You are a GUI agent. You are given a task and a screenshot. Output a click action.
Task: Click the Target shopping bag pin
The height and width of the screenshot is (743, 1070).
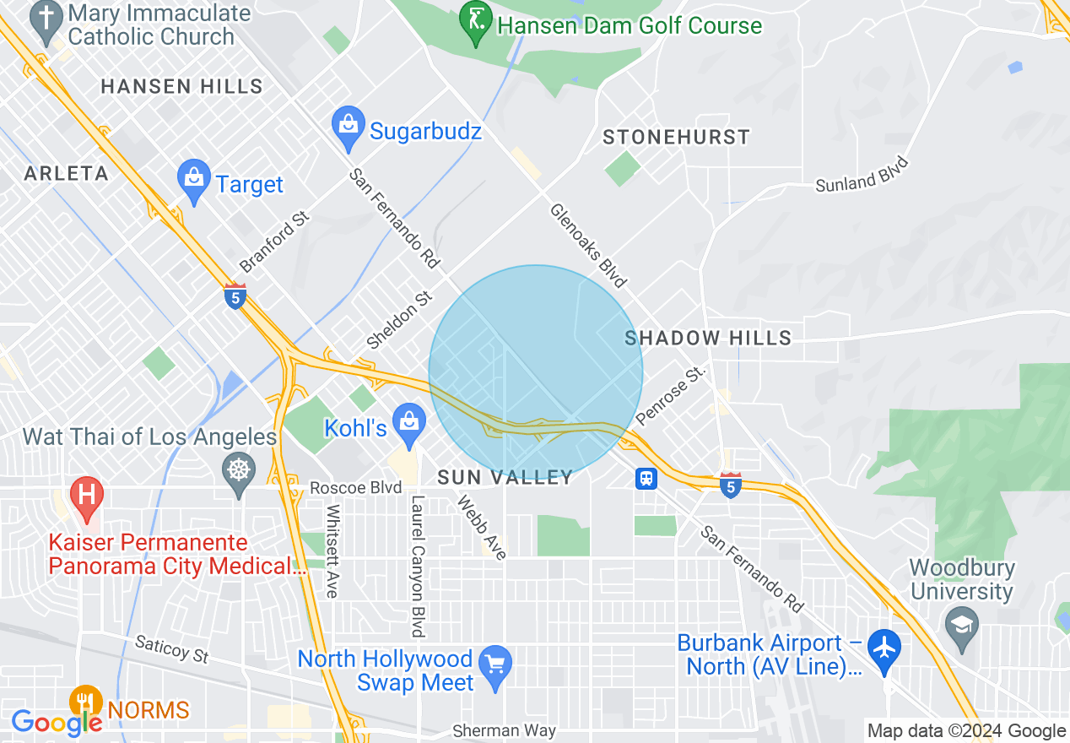click(194, 181)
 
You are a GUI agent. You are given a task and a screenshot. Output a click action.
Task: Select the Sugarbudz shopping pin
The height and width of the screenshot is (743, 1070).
click(348, 128)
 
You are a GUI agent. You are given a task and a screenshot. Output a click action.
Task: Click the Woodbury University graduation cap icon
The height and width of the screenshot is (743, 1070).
click(961, 626)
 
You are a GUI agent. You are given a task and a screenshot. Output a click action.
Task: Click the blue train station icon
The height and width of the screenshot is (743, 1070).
click(646, 479)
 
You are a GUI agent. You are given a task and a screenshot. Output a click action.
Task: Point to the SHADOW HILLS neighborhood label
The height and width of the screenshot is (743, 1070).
click(708, 339)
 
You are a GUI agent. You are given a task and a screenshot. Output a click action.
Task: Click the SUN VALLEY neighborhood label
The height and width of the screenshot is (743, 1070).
click(505, 478)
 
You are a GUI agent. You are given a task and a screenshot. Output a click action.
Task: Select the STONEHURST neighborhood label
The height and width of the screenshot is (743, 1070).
click(676, 137)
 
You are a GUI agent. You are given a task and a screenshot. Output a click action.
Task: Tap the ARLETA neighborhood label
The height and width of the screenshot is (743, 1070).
click(67, 174)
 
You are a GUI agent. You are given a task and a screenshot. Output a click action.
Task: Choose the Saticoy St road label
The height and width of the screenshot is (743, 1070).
click(171, 649)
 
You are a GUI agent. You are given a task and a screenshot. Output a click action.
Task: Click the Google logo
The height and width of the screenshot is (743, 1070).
click(56, 723)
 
